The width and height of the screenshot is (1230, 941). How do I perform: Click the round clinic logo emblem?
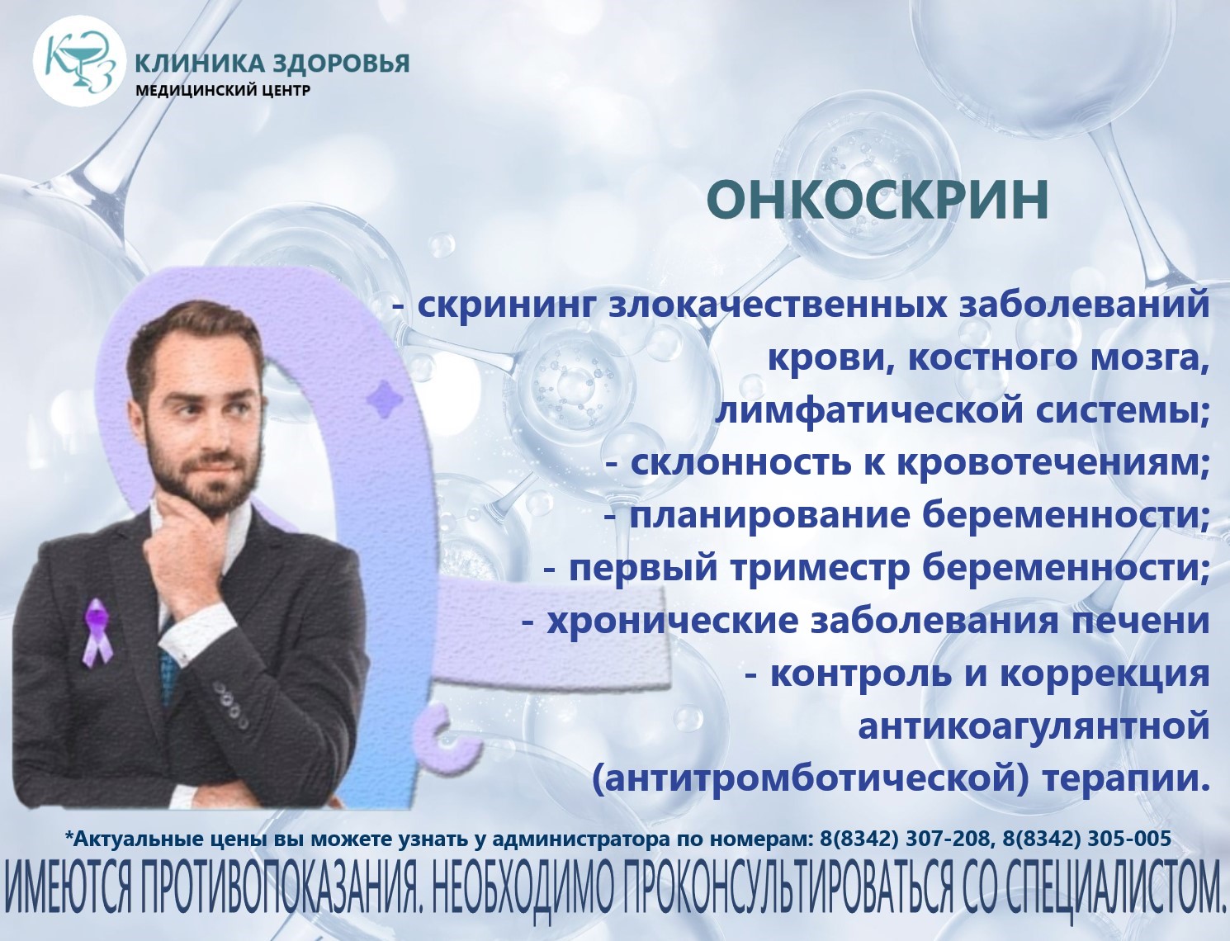coord(79,62)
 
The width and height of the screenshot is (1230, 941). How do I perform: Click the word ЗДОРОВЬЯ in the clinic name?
coord(341,64)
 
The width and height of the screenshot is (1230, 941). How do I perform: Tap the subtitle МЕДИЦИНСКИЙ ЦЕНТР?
coord(223,90)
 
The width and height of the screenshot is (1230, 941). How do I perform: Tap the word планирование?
coord(769,517)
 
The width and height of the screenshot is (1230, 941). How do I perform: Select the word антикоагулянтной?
coord(1032,727)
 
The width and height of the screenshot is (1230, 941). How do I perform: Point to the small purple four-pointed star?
coord(385,398)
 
